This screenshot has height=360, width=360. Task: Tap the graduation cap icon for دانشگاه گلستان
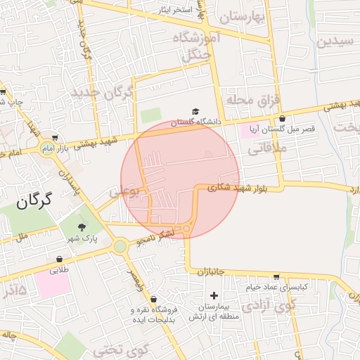[195, 111]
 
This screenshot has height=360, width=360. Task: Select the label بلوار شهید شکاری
[238, 187]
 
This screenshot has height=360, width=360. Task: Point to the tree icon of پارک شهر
[82, 226]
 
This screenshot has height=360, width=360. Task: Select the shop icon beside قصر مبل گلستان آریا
[282, 119]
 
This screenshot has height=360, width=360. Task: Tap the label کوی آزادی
[269, 307]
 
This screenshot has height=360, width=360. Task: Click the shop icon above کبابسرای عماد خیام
[276, 276]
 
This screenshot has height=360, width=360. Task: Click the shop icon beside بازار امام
[54, 139]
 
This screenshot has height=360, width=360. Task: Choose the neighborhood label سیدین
[335, 41]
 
